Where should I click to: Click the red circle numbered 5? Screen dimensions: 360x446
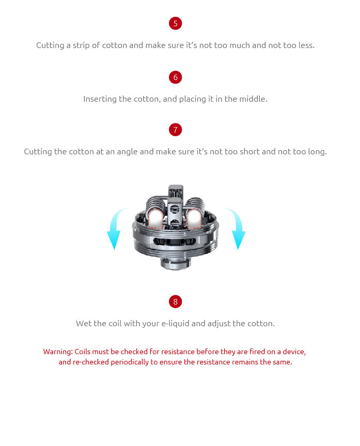[175, 23]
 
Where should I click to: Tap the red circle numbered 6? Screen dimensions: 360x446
[175, 77]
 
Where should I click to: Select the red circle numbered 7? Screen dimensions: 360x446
[175, 130]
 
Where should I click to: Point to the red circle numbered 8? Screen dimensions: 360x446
[175, 302]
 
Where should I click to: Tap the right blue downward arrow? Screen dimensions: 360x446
[236, 228]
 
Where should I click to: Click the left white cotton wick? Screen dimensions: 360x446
[156, 218]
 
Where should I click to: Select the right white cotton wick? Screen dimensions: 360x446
[194, 218]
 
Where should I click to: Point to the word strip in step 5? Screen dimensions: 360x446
[81, 45]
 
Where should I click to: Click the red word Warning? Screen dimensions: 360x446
[58, 352]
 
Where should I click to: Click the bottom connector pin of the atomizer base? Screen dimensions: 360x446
[175, 263]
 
